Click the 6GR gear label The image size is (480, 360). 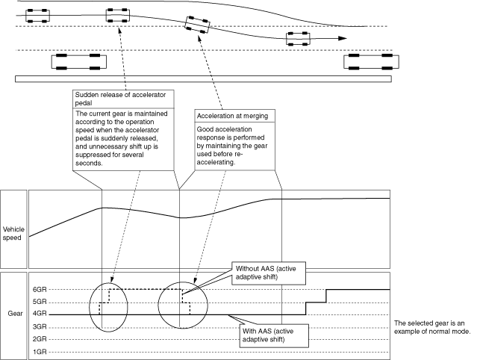point(40,290)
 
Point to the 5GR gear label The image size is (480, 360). point(40,302)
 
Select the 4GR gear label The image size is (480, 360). point(40,314)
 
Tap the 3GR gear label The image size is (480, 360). point(40,326)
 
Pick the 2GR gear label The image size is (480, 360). point(40,338)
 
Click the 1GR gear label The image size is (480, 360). point(40,350)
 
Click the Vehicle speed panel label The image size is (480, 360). point(13,234)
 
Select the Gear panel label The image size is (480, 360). point(13,314)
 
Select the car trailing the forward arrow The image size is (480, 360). point(298,39)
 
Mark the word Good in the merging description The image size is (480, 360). point(207,128)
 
